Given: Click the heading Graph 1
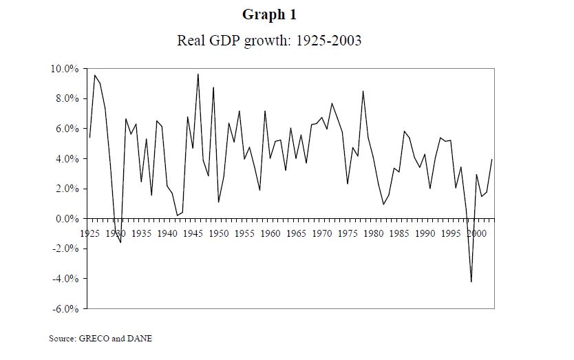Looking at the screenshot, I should [269, 14].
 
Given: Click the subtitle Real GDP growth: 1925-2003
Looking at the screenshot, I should [269, 41].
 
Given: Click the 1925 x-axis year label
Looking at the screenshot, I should [90, 233].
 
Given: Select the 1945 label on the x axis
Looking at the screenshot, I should [193, 233].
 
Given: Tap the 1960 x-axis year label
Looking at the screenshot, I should [270, 233].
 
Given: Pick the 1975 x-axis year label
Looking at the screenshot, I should [348, 233].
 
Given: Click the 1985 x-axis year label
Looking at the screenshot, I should [400, 233].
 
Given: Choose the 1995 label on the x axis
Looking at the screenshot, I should [451, 233].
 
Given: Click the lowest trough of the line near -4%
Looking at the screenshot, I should [471, 282].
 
